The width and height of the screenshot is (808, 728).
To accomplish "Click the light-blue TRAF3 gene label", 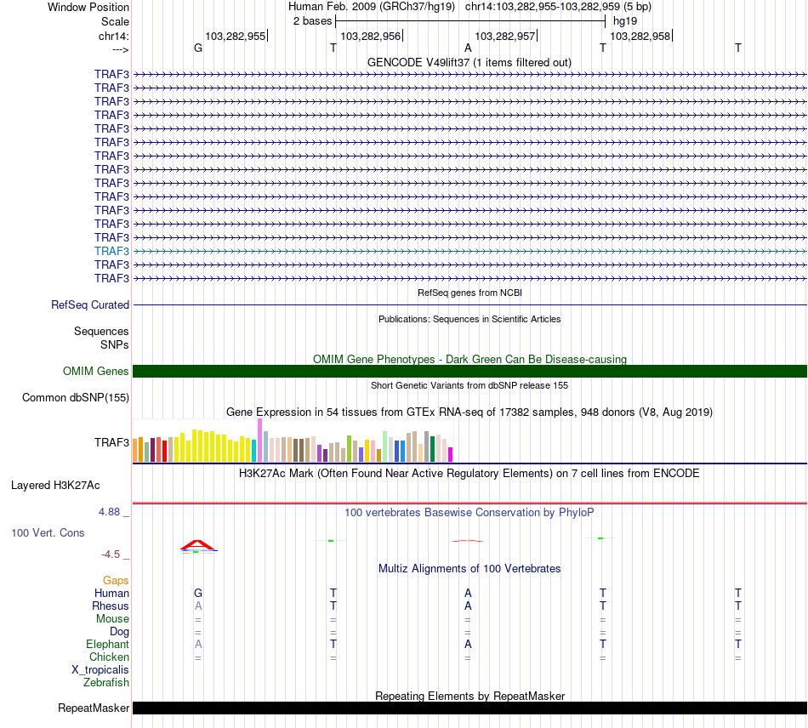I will [111, 251].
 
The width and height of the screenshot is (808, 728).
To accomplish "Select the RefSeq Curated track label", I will [90, 304].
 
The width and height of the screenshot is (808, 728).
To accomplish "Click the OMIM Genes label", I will [95, 371].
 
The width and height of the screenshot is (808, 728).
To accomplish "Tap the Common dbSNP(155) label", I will [76, 397].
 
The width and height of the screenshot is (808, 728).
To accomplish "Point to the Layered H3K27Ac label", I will [55, 486].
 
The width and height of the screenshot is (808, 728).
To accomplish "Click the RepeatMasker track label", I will [94, 708].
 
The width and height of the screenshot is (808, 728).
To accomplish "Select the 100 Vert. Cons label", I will [48, 532].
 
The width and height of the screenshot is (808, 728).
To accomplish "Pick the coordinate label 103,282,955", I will [236, 36].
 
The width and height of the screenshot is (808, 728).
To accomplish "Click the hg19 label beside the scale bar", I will [625, 20].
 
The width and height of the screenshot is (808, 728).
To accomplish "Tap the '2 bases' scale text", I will [312, 20].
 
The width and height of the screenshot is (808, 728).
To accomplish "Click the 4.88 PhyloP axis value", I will [111, 512].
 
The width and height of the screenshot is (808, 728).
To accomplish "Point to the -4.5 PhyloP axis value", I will [113, 555].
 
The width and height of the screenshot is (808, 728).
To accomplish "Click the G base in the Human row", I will [198, 593].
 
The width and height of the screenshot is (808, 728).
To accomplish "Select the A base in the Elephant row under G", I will [198, 644].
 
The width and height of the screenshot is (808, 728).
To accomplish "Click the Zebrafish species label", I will [106, 682].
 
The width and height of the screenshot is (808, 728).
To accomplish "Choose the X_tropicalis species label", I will [100, 669].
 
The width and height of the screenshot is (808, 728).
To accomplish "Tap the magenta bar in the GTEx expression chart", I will [450, 454].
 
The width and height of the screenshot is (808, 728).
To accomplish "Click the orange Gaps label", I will [116, 580].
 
